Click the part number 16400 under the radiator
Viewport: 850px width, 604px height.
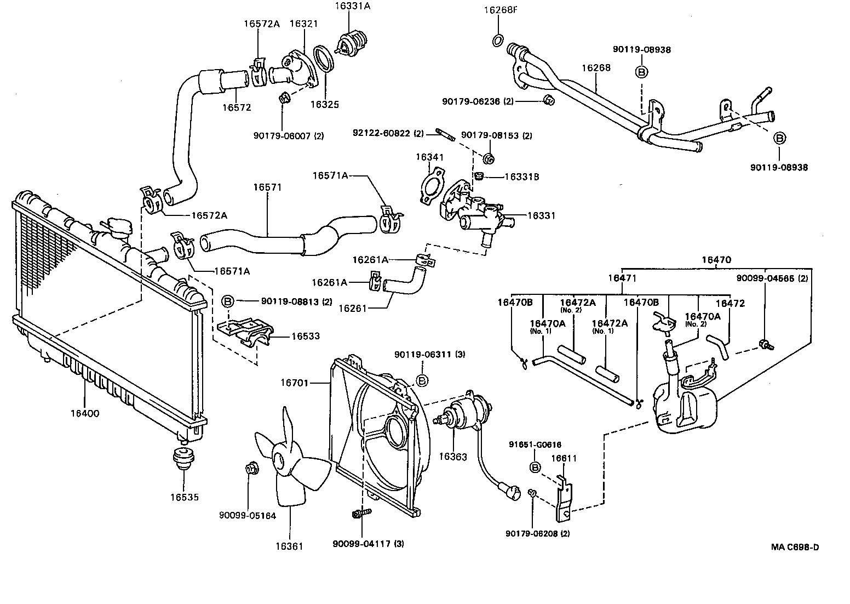point(84,413)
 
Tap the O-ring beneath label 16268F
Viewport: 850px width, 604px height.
point(498,41)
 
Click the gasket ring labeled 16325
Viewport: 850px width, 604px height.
point(324,60)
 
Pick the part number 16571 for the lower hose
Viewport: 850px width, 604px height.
point(267,187)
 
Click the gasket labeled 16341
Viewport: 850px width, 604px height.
point(429,189)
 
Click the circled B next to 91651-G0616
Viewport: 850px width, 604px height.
point(535,467)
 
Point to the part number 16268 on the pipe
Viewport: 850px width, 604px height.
point(596,68)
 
